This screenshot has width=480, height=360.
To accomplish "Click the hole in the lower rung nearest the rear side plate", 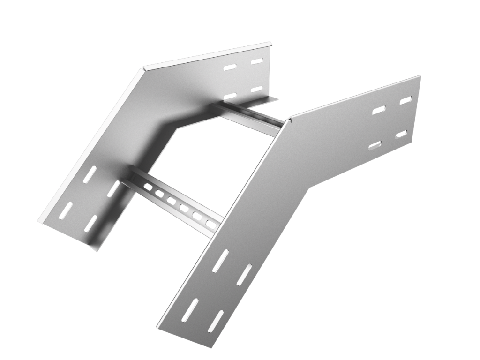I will tap(148, 187).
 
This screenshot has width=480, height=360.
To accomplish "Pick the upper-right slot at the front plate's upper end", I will tap(405, 100).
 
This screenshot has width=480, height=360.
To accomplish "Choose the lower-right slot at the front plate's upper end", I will tap(401, 134).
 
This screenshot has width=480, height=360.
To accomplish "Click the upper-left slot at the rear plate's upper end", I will tap(230, 67).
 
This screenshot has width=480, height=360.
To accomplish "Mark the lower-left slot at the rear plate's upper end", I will tap(230, 96).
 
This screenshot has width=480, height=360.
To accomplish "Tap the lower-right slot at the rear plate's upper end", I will tap(256, 89).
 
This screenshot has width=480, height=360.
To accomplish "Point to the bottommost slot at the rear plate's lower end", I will tap(90, 224).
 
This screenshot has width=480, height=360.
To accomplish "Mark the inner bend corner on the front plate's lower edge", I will tap(307, 190).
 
